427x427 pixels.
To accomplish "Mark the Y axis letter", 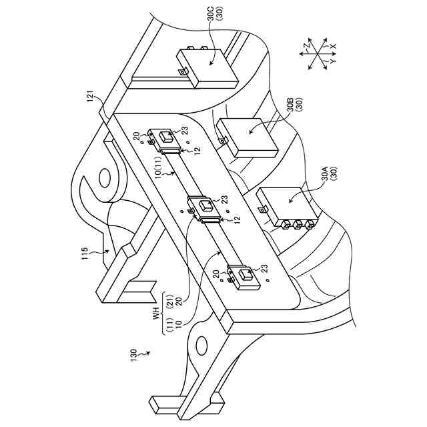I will coord(333,62).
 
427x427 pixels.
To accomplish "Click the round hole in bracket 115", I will coord(105,178).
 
